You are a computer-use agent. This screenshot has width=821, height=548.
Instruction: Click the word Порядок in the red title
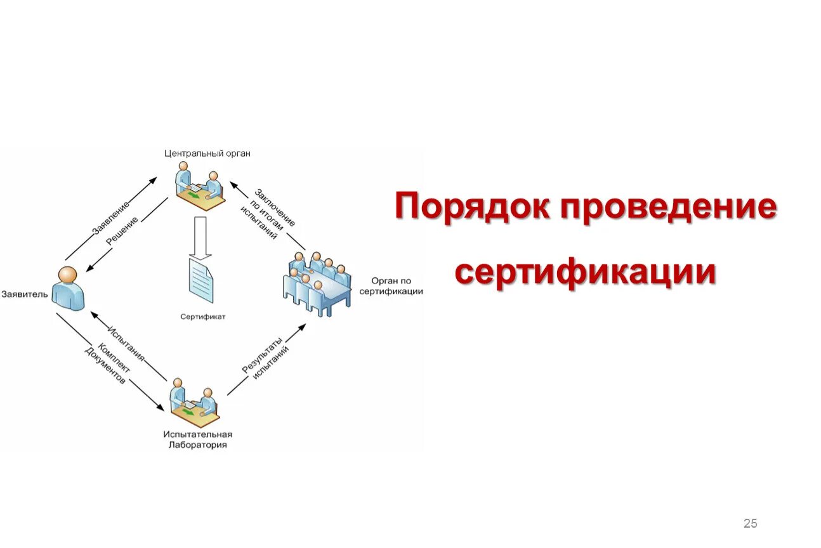[471, 207]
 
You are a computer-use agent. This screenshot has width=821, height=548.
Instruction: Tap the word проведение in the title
[667, 207]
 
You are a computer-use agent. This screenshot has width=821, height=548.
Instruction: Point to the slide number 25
[750, 523]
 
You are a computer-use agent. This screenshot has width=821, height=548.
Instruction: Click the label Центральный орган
[207, 153]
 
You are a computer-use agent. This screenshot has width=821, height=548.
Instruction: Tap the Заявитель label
[25, 294]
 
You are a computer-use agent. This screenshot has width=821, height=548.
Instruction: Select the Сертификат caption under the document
[202, 315]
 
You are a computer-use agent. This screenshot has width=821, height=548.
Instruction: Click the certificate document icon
[200, 279]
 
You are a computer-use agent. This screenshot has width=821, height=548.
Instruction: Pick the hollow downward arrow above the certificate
[201, 237]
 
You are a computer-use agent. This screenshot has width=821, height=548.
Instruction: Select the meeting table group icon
[317, 283]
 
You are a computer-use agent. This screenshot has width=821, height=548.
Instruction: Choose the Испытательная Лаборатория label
[197, 440]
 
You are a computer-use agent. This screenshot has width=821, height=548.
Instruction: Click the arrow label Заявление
[111, 218]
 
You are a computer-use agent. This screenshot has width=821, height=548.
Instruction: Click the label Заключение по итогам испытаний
[265, 214]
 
